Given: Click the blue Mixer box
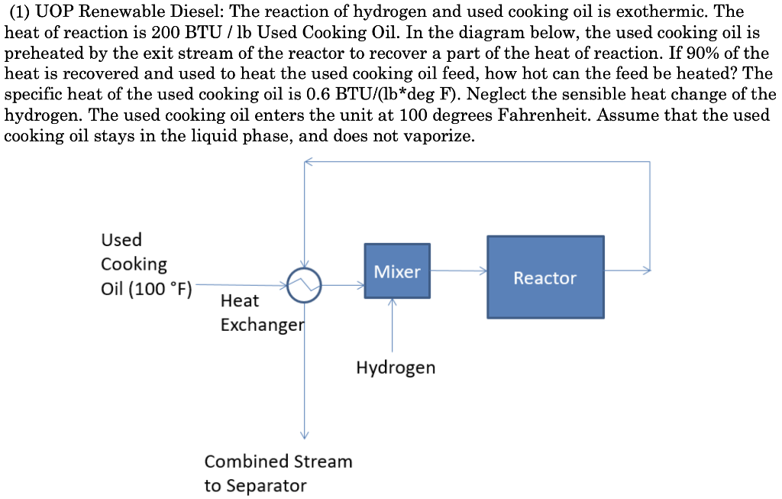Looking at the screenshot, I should tap(397, 271).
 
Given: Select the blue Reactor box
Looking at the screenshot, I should tap(545, 277).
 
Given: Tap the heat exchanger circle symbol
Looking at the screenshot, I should tap(305, 285).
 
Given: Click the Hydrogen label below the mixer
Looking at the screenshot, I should tap(396, 368).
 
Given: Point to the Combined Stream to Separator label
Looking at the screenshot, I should tap(278, 473).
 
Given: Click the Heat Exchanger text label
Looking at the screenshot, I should tap(261, 313).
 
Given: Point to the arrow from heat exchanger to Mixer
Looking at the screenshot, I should tap(344, 286).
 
